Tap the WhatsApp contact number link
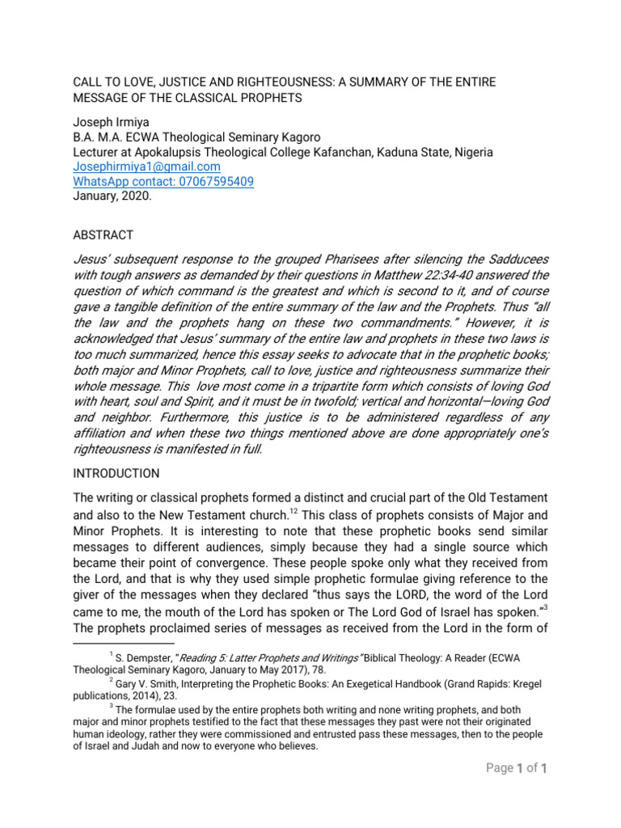[163, 182]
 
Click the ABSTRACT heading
[103, 234]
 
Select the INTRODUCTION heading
[116, 473]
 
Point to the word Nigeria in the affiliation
[472, 152]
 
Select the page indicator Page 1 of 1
[517, 768]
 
